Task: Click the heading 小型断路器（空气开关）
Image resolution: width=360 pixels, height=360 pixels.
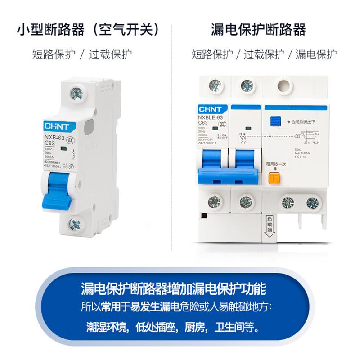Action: [x=88, y=30]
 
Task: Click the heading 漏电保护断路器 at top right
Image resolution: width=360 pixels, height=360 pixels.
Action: [x=258, y=30]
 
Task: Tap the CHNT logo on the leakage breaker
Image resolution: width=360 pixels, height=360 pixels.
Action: [x=210, y=109]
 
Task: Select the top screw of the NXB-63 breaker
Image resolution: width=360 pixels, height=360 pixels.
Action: [x=76, y=93]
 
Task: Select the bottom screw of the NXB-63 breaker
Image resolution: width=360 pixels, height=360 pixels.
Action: [x=75, y=223]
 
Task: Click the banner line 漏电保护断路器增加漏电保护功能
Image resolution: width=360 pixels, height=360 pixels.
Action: [x=180, y=288]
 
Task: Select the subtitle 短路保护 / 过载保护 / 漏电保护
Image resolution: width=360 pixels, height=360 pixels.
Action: [x=264, y=55]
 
